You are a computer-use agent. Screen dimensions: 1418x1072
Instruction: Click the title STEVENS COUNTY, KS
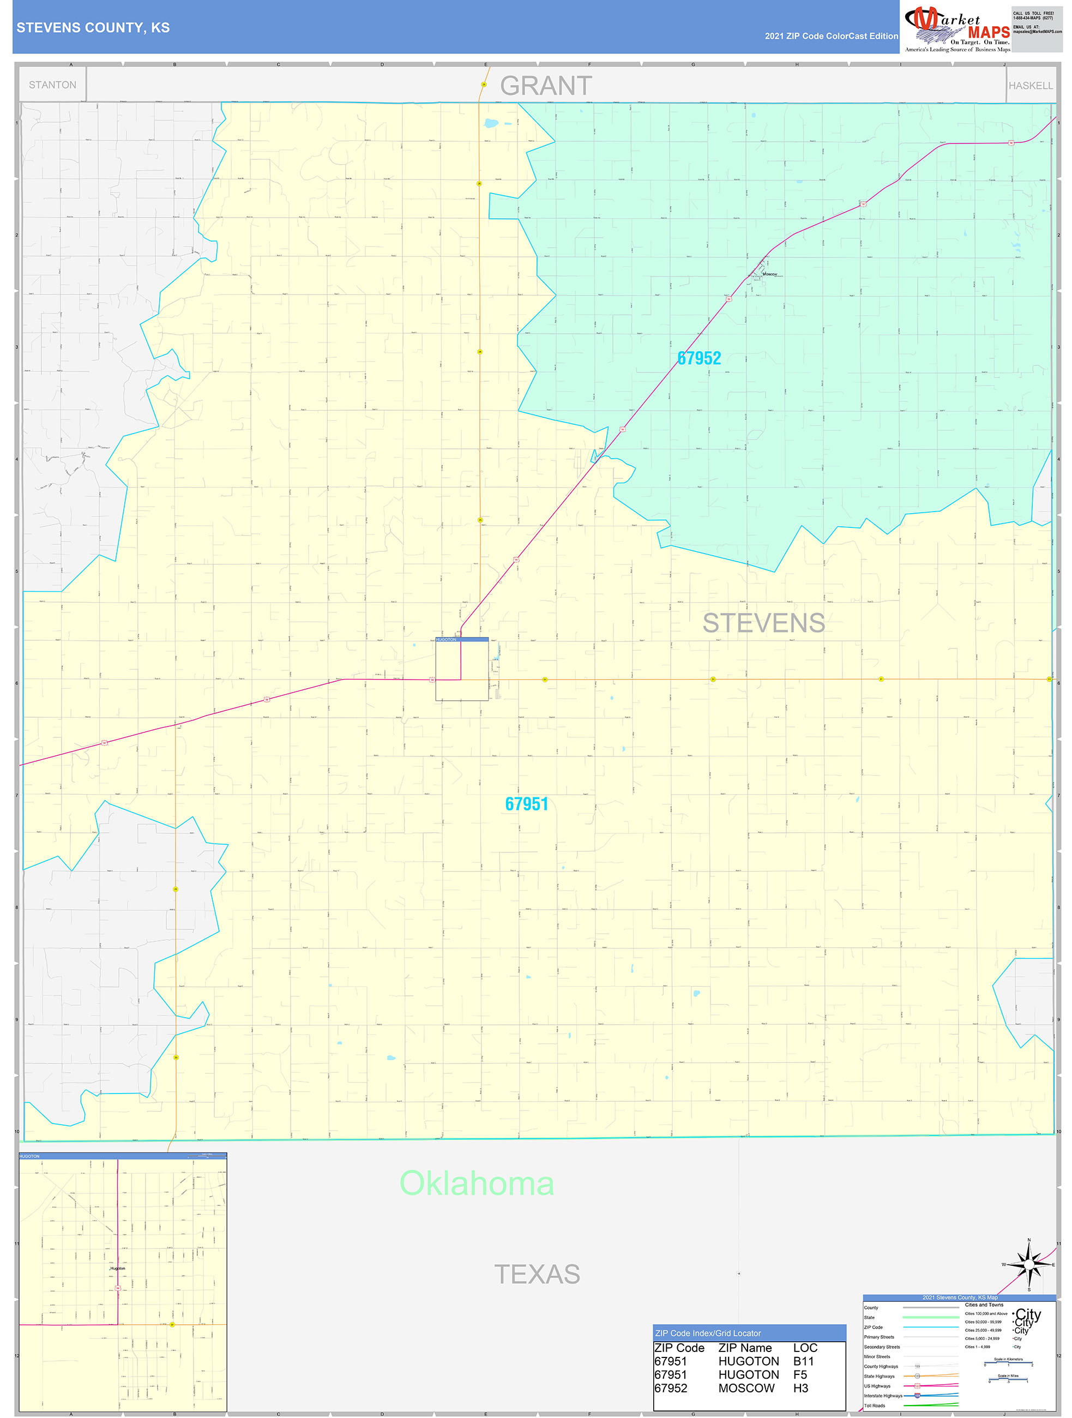93,28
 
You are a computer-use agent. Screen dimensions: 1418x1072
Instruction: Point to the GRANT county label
545,86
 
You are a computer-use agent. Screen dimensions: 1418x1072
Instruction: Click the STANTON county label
52,85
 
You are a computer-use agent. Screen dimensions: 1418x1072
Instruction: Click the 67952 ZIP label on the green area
698,358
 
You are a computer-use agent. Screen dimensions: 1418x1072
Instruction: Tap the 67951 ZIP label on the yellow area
526,804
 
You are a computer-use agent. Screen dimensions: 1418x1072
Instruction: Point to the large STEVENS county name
763,623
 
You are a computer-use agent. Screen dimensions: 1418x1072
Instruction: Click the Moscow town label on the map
769,274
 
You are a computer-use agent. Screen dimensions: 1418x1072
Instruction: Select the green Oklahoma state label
476,1183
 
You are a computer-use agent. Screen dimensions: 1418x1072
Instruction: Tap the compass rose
1028,1265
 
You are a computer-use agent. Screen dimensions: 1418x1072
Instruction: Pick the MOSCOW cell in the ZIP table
746,1389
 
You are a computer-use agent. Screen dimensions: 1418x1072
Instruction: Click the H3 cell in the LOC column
800,1389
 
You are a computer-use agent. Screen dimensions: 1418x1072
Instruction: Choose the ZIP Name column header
745,1348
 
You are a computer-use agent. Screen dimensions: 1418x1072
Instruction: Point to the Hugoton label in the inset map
117,1268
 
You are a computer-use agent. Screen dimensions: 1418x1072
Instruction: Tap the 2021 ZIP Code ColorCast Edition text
831,36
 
